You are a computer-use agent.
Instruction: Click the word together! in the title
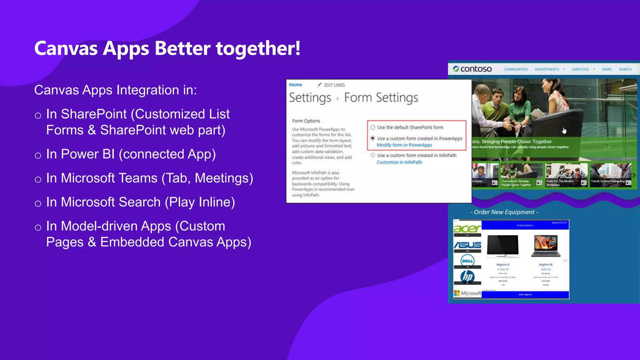(258, 49)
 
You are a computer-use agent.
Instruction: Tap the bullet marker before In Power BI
(38, 155)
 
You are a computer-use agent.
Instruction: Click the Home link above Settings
(295, 85)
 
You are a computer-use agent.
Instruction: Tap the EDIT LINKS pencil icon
(319, 85)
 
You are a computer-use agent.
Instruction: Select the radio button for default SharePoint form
(373, 127)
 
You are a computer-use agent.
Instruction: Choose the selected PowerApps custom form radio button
(373, 138)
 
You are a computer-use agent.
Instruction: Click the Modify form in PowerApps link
(404, 145)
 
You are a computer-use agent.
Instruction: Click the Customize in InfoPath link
(399, 162)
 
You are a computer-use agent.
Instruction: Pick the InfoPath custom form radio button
(373, 155)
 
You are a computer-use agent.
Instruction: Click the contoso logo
(472, 69)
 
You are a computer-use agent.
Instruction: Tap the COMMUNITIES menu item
(516, 69)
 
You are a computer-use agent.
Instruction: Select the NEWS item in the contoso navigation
(607, 69)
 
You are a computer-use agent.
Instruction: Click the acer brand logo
(467, 229)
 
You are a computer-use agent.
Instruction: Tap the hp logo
(467, 277)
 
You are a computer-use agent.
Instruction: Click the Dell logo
(467, 261)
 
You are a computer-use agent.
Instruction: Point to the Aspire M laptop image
(546, 246)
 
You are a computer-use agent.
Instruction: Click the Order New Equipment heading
(504, 212)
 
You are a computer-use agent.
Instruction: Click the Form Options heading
(306, 121)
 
